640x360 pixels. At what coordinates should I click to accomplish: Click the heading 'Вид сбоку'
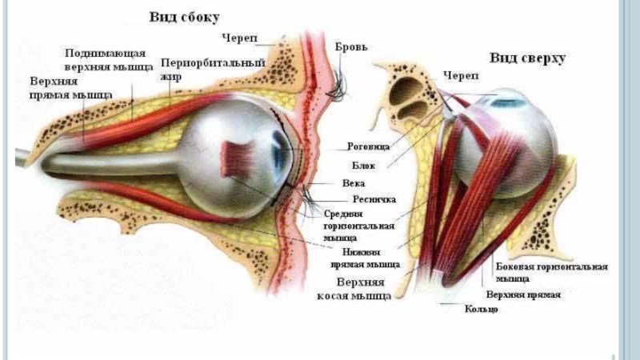click(x=184, y=17)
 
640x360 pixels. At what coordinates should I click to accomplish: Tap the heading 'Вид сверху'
click(x=528, y=58)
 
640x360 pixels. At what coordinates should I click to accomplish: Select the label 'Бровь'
click(x=351, y=48)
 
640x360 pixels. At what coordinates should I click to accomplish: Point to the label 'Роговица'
click(x=368, y=146)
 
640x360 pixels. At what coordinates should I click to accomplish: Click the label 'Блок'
click(x=360, y=166)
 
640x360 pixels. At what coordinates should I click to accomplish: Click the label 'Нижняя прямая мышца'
click(x=366, y=256)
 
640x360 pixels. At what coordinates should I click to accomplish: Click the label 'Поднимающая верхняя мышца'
click(x=109, y=59)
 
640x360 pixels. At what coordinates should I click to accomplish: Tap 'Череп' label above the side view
click(x=240, y=37)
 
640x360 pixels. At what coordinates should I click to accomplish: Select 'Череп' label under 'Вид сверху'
click(x=461, y=75)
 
